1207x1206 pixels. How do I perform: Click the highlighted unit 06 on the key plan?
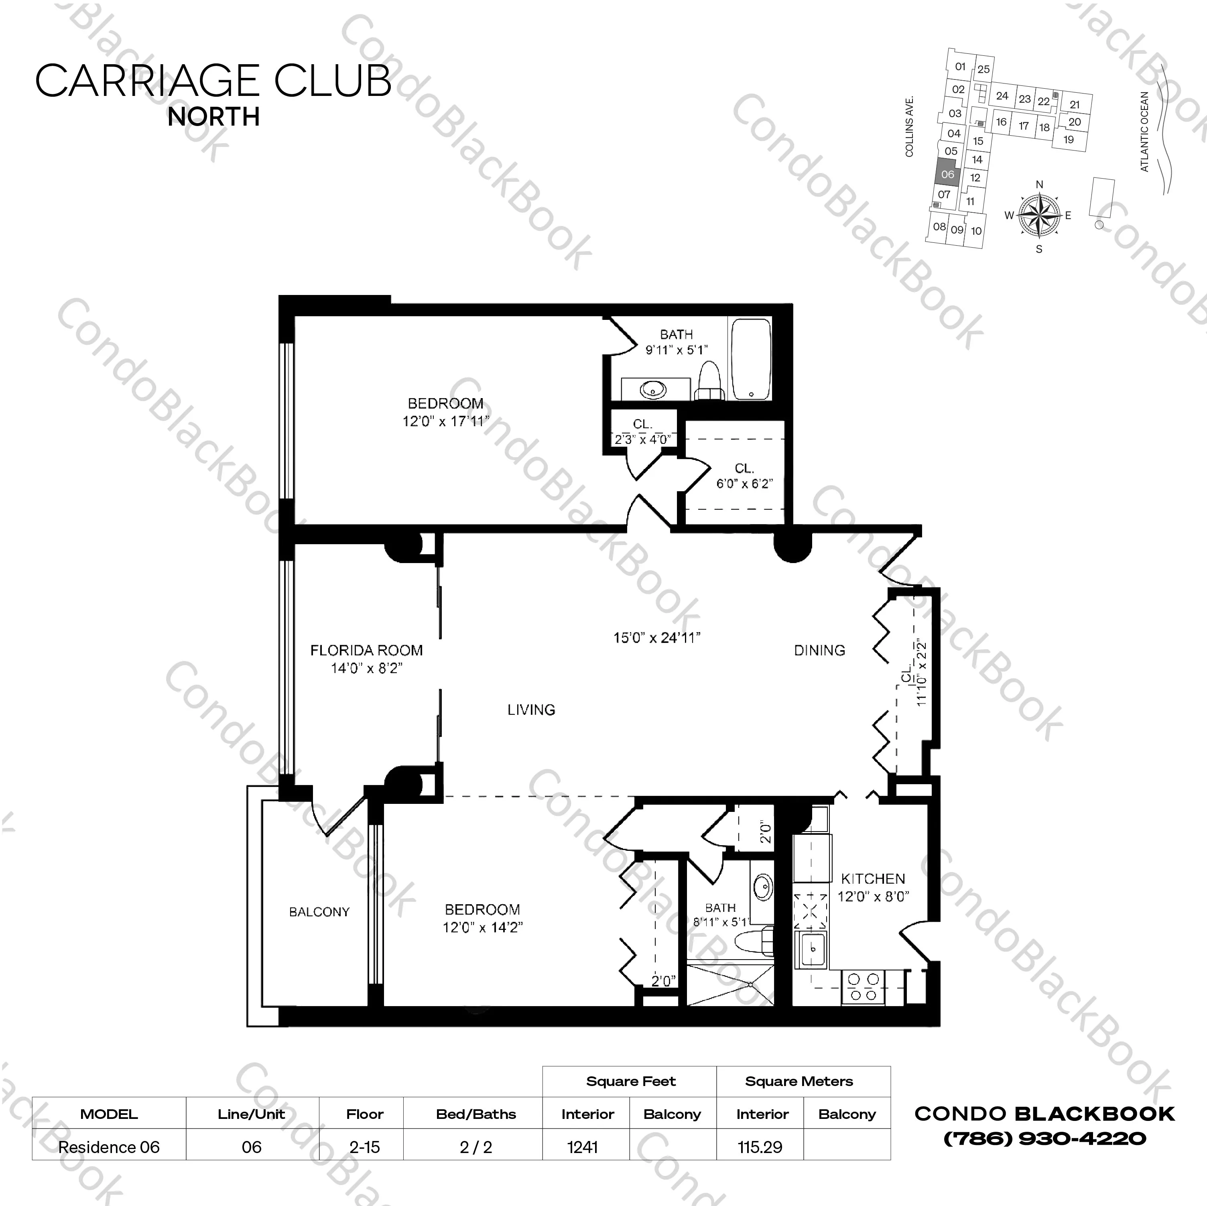(947, 174)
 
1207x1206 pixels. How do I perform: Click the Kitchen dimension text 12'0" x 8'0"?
(873, 897)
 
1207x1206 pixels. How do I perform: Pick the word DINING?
(819, 651)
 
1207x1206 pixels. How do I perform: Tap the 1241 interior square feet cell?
(582, 1147)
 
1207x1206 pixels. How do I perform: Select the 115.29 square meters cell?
(760, 1147)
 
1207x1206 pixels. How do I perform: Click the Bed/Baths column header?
(475, 1114)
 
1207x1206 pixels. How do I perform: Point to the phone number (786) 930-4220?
(1044, 1139)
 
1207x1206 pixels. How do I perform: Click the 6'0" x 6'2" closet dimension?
(744, 484)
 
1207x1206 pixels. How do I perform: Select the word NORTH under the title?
(213, 117)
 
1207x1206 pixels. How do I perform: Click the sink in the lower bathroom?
(763, 885)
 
